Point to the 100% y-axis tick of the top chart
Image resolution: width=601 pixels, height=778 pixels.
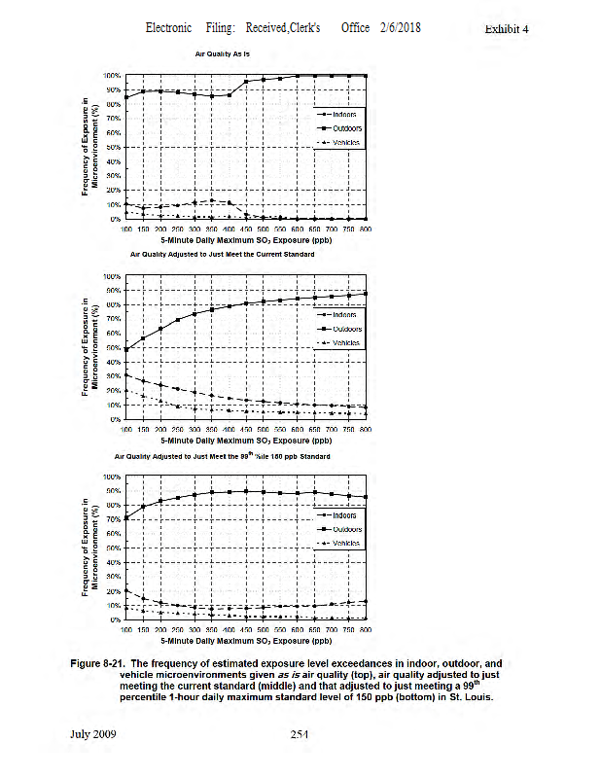click(112, 75)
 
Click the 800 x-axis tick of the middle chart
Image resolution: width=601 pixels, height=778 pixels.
click(366, 428)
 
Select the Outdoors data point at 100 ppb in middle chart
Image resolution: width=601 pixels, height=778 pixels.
click(125, 349)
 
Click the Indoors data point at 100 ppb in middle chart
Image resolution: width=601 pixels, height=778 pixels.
click(125, 374)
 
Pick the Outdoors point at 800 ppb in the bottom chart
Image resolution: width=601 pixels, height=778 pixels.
click(366, 497)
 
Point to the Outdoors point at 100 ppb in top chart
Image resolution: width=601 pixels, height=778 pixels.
click(125, 97)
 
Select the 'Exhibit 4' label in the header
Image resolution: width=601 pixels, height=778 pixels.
click(506, 29)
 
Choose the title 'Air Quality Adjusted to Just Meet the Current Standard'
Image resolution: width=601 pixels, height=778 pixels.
click(223, 254)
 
